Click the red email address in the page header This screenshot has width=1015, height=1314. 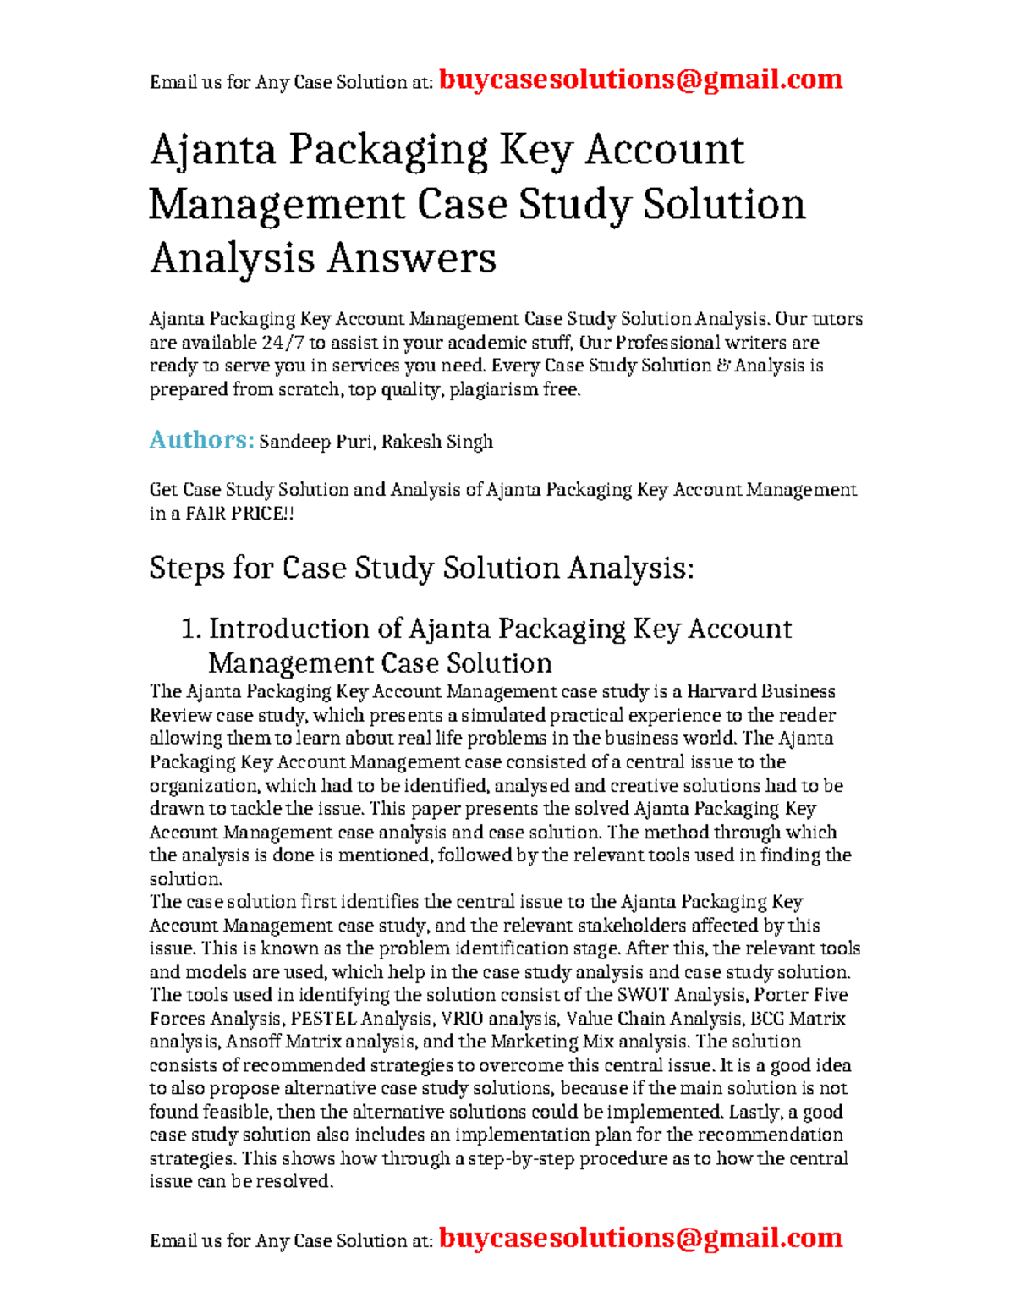pos(640,80)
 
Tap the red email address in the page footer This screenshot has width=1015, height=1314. pos(640,1238)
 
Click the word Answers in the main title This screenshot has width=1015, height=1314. pos(412,258)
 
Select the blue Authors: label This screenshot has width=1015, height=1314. pos(201,440)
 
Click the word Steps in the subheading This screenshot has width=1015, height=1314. pos(187,568)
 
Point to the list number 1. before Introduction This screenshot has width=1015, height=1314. pos(192,629)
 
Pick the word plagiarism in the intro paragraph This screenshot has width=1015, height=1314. pos(489,390)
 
